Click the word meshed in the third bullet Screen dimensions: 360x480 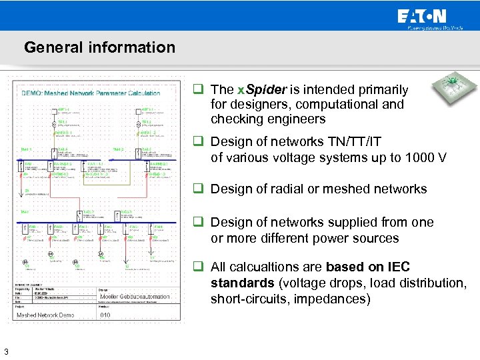346,189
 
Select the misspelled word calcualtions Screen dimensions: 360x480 267,267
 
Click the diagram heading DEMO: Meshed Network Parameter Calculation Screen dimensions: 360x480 91,94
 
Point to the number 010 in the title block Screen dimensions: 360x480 105,315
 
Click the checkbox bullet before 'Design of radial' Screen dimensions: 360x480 199,189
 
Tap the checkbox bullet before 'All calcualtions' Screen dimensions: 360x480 199,267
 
